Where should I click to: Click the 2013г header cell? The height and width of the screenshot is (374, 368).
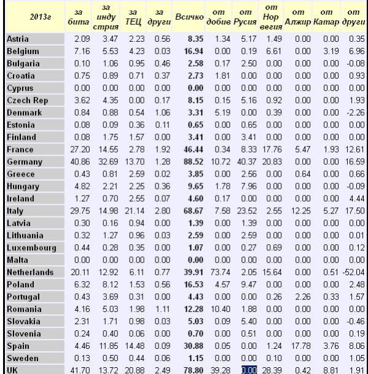[41, 17]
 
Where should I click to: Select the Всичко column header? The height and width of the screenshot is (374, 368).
[189, 17]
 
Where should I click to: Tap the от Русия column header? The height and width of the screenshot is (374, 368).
[245, 17]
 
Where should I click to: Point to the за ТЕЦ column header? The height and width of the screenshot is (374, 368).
[133, 17]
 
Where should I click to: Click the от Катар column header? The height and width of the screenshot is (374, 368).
[326, 17]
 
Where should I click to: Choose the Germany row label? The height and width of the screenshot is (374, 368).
[25, 162]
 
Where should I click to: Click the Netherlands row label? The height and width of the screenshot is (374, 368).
[30, 272]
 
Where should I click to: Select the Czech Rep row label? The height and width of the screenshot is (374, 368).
[28, 100]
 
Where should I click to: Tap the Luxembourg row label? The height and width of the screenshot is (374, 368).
[31, 247]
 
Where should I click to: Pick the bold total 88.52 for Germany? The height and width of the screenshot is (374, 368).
[194, 162]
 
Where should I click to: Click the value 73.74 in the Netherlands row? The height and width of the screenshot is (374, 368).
[221, 272]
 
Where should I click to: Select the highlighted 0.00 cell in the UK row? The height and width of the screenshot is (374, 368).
[249, 370]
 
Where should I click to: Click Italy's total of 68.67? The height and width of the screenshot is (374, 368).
[194, 211]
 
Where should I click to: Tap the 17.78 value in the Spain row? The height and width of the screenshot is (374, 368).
[301, 346]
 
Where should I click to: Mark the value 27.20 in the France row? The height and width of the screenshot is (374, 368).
[80, 149]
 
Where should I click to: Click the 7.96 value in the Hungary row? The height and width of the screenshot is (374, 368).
[249, 186]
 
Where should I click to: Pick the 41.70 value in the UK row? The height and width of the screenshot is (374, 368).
[80, 370]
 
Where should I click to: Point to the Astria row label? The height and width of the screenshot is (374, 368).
[18, 39]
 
